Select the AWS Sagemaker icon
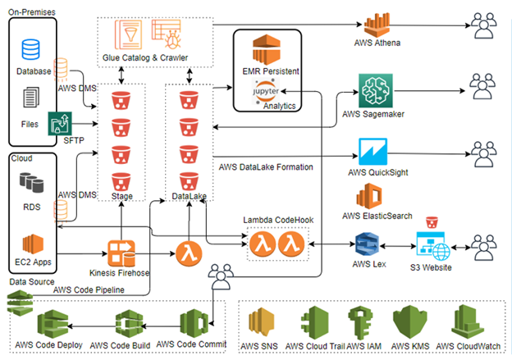[x=374, y=89]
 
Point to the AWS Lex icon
[x=366, y=245]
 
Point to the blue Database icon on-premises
[x=30, y=49]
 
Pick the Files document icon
[x=31, y=99]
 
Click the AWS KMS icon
[x=410, y=321]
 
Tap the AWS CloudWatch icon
[x=465, y=321]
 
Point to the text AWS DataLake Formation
[x=267, y=166]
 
